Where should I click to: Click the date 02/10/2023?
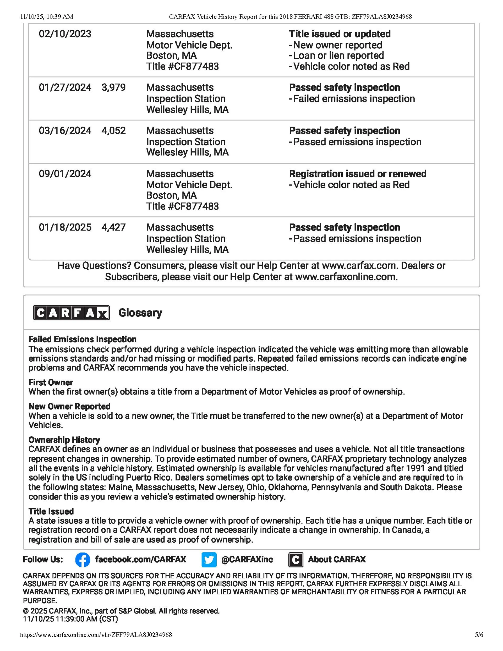click(65, 34)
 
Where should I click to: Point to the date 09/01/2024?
click(65, 174)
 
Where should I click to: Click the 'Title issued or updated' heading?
click(340, 34)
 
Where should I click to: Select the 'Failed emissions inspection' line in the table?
click(354, 99)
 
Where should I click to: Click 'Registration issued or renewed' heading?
click(358, 174)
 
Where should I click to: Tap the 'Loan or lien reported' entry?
click(338, 56)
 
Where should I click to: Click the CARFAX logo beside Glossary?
click(72, 313)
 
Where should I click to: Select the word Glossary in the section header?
click(140, 313)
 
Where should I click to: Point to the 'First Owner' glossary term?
click(51, 382)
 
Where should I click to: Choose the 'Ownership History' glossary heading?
click(64, 440)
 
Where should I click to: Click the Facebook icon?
click(83, 560)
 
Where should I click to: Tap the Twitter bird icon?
click(209, 560)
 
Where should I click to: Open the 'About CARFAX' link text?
click(337, 560)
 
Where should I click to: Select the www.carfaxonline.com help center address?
click(346, 277)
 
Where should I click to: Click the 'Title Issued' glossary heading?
click(51, 511)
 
